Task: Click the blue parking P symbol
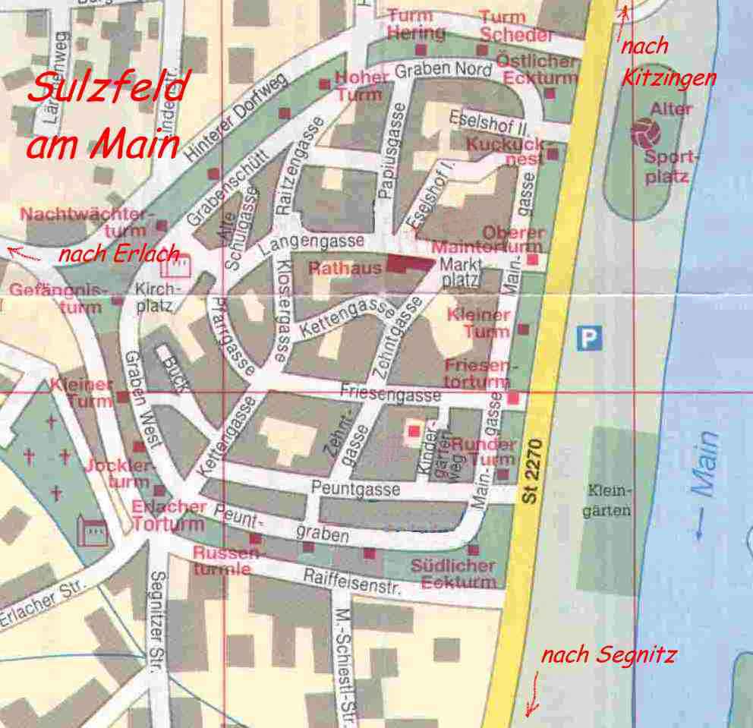coord(588,338)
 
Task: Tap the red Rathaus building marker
coord(408,263)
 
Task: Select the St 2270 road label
coord(534,471)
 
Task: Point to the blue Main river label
coord(705,486)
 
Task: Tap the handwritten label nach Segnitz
coord(607,655)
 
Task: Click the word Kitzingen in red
coord(668,77)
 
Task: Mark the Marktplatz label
coord(460,273)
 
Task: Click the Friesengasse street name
coord(390,394)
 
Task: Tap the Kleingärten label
coord(606,501)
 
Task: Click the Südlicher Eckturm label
coord(453,574)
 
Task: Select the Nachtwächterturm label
coord(83,221)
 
